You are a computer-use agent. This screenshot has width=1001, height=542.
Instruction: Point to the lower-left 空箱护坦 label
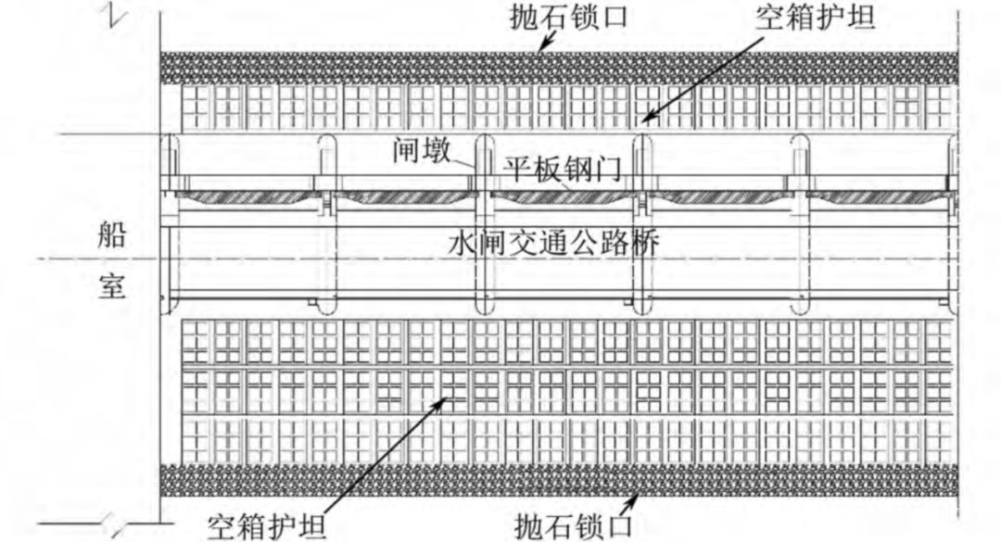(266, 525)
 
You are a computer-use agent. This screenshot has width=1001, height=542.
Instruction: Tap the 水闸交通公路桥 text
(554, 243)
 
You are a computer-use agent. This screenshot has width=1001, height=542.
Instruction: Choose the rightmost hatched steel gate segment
(876, 197)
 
